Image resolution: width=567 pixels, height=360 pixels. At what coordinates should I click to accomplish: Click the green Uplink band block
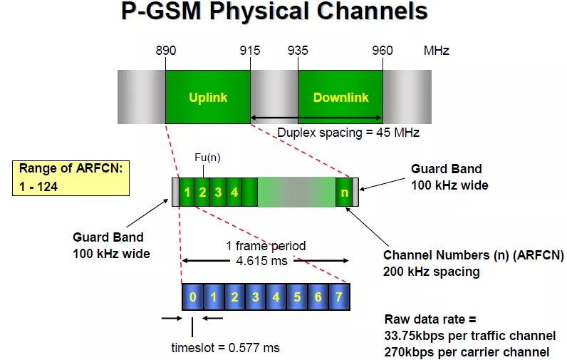(208, 97)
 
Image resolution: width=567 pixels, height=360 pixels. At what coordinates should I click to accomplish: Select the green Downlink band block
(340, 97)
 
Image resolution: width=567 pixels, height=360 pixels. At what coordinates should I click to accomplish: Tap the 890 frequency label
(165, 51)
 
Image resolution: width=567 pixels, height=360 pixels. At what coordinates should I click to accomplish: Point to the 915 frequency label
(250, 51)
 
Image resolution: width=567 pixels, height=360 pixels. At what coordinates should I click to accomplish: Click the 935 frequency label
(298, 51)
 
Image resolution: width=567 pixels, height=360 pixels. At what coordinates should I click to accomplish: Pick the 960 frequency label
(383, 51)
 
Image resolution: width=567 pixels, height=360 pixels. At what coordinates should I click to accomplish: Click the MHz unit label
(436, 51)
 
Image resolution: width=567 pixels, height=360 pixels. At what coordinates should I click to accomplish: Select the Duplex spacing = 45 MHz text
(348, 133)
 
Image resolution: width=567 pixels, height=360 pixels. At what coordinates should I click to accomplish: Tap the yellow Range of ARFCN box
(71, 178)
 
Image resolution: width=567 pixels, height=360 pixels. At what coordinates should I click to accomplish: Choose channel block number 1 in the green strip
(187, 192)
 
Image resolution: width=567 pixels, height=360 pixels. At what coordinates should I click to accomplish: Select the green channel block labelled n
(344, 192)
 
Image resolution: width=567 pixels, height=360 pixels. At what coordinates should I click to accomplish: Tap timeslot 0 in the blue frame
(192, 297)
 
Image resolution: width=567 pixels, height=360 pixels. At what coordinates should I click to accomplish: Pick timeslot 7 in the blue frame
(339, 297)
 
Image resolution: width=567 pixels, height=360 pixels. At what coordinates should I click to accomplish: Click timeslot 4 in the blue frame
(276, 297)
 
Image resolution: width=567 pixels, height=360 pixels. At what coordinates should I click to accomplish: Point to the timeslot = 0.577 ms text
(225, 348)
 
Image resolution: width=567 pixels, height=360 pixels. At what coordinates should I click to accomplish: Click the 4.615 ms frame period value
(261, 261)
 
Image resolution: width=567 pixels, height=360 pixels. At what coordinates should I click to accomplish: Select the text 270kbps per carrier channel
(467, 351)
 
